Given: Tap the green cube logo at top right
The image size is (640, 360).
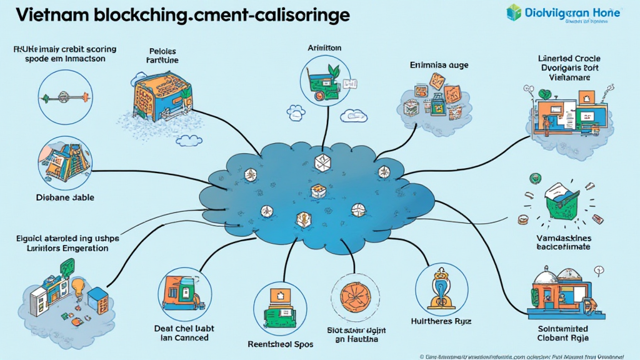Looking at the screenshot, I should click(514, 12).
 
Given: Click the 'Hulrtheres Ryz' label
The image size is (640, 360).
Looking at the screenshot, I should click(441, 321).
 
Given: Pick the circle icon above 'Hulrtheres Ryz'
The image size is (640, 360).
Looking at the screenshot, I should click(442, 287).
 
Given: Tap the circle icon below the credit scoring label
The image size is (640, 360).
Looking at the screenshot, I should click(65, 97).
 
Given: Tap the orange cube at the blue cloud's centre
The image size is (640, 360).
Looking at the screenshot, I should click(318, 189).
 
